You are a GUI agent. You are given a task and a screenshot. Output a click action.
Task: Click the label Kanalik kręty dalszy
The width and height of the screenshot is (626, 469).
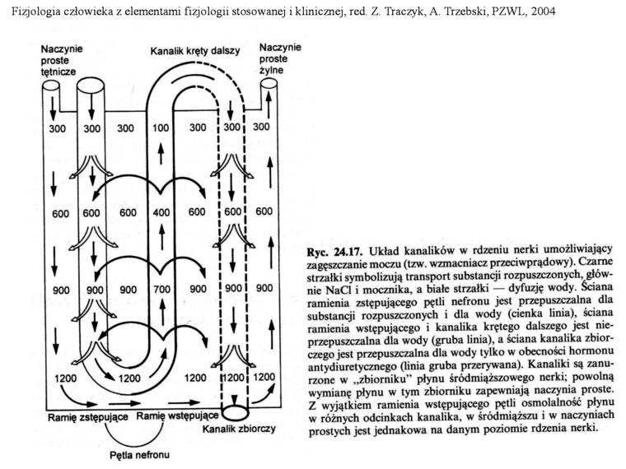tap(194, 51)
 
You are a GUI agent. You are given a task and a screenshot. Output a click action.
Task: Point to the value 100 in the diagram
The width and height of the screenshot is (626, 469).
tap(161, 128)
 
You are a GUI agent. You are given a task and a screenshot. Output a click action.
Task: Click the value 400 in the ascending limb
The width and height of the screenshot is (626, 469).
tap(161, 211)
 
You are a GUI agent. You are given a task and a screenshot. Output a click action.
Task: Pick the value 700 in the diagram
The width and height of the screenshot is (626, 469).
tap(161, 290)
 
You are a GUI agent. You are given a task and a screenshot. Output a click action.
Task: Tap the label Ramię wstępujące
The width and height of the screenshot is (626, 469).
tap(177, 417)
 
